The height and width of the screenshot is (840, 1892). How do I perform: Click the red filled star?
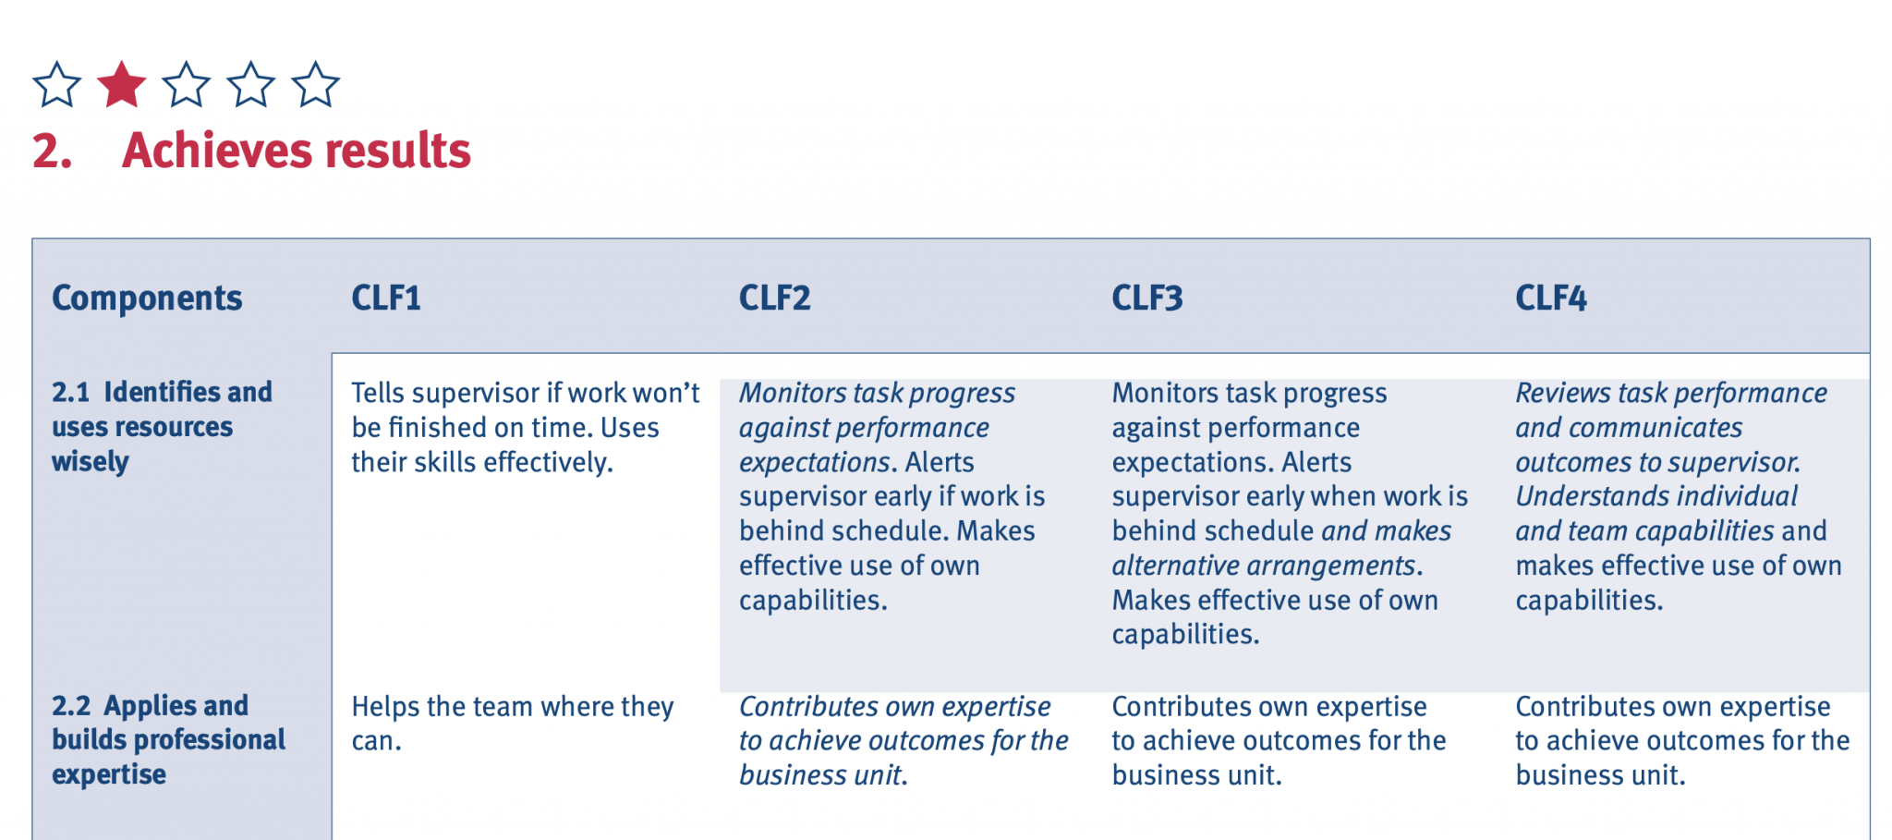pos(121,85)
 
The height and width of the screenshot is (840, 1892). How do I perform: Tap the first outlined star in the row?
pos(56,85)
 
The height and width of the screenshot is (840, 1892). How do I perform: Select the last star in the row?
pos(315,85)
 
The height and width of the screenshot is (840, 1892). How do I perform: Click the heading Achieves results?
pos(296,151)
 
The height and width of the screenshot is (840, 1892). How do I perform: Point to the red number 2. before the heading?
pos(52,151)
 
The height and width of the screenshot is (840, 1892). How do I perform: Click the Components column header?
pos(147,298)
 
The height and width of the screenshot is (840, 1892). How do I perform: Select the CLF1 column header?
pos(386,298)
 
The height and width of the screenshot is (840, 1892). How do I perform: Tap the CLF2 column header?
pos(774,298)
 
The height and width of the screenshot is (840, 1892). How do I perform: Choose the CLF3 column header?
pos(1146,298)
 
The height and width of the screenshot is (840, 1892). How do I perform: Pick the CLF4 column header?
pos(1550,298)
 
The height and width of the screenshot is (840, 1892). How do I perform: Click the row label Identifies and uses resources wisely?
pos(162,427)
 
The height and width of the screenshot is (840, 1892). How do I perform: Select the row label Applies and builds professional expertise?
pos(168,739)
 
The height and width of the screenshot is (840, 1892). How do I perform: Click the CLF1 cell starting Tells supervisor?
pos(525,427)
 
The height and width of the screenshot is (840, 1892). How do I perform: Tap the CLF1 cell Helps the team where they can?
pos(512,723)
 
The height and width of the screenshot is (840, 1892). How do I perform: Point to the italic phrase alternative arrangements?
pos(1264,566)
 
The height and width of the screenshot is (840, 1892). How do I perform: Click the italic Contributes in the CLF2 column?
pos(804,707)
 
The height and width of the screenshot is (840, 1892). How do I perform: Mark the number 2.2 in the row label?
pos(71,706)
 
